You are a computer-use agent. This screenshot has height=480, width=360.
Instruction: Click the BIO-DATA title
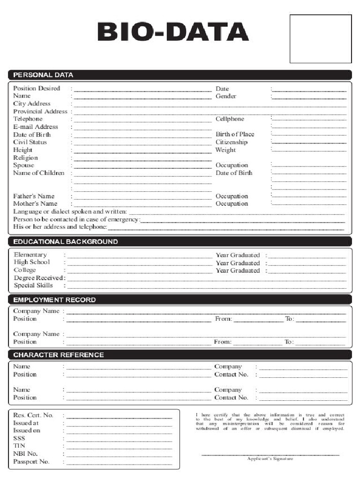(173, 32)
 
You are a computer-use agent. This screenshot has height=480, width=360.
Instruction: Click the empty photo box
(320, 38)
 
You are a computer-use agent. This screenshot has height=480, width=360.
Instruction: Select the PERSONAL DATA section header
(43, 75)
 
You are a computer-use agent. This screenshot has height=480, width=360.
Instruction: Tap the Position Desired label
(37, 88)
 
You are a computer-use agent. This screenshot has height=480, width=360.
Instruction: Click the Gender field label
(225, 96)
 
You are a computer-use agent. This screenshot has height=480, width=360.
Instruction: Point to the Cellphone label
(230, 119)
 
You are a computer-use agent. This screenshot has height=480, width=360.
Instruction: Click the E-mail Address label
(36, 127)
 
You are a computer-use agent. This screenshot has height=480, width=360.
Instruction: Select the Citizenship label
(231, 142)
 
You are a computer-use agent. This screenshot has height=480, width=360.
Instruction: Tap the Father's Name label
(34, 196)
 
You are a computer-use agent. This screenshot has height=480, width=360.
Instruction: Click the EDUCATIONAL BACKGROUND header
(65, 242)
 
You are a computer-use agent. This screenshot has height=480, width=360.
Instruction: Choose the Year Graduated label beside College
(237, 270)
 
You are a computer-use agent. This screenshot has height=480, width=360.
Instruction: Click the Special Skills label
(33, 285)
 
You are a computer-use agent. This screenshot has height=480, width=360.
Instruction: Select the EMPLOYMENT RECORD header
(54, 300)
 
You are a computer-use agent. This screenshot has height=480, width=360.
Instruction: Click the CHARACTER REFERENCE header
(59, 355)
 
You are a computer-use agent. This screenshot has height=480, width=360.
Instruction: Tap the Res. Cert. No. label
(33, 415)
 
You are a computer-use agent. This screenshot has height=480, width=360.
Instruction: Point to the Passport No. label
(31, 462)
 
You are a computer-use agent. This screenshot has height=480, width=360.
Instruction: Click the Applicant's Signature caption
(270, 458)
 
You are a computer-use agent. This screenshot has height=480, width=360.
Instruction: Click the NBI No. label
(25, 454)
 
